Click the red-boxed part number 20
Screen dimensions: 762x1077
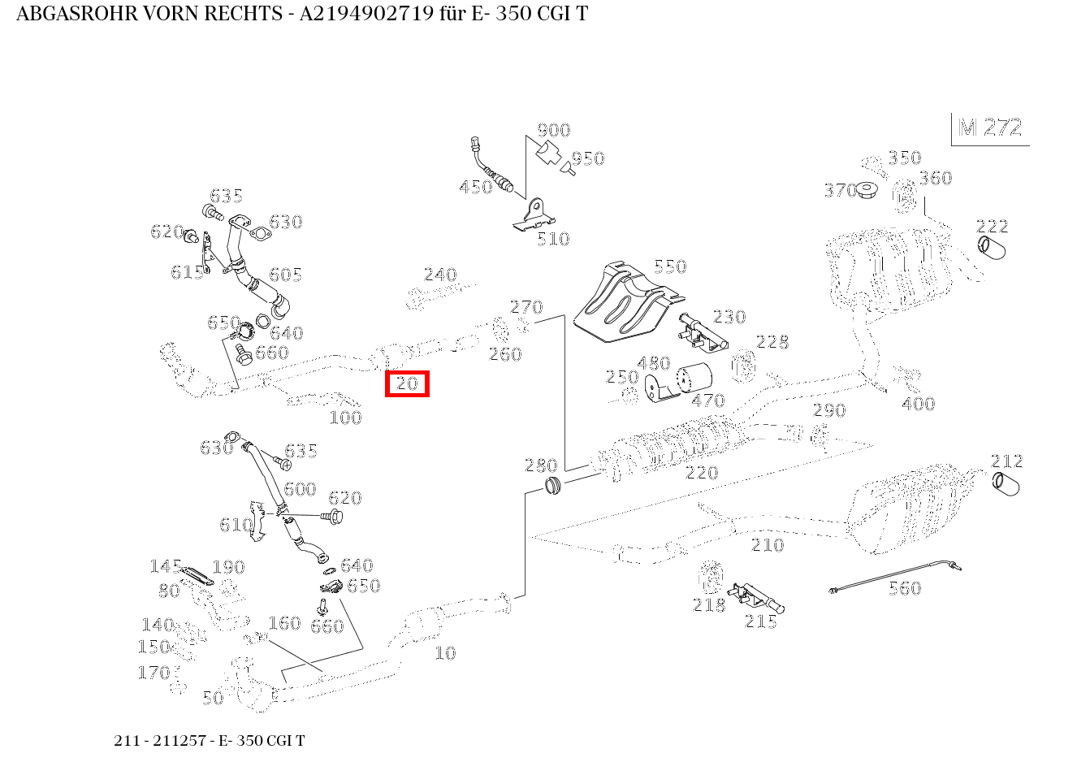[407, 383]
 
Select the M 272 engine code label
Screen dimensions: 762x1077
[990, 128]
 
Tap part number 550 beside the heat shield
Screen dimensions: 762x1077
[670, 266]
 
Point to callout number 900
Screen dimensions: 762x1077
[554, 130]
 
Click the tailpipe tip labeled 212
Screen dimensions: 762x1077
[1006, 484]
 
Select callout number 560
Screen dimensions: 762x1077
[905, 588]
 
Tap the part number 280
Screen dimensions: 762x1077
[541, 465]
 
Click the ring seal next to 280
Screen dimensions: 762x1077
[555, 487]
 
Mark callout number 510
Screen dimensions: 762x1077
[553, 239]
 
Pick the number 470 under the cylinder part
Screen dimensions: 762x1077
[707, 400]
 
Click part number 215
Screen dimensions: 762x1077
[761, 622]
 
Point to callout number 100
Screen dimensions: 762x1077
[345, 418]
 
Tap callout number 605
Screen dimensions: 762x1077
[286, 275]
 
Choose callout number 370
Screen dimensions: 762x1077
[840, 190]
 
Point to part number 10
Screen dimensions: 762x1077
[446, 653]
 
